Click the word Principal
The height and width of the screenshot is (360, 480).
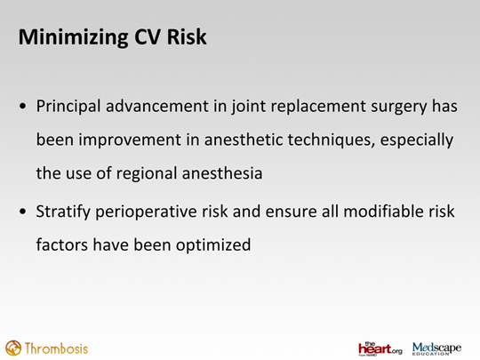pyautogui.click(x=68, y=107)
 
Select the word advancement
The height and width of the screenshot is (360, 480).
pyautogui.click(x=157, y=107)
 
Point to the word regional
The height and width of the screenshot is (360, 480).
pyautogui.click(x=147, y=174)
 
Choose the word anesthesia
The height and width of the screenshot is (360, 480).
pyautogui.click(x=222, y=173)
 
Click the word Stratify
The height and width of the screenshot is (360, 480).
pyautogui.click(x=63, y=212)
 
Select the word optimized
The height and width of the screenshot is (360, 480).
pyautogui.click(x=213, y=245)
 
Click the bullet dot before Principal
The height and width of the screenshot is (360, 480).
pyautogui.click(x=22, y=107)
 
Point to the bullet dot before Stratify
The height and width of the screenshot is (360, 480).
pyautogui.click(x=22, y=212)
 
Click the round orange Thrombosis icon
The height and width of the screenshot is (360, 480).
pyautogui.click(x=13, y=348)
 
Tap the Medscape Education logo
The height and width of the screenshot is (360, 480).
pyautogui.click(x=436, y=348)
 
